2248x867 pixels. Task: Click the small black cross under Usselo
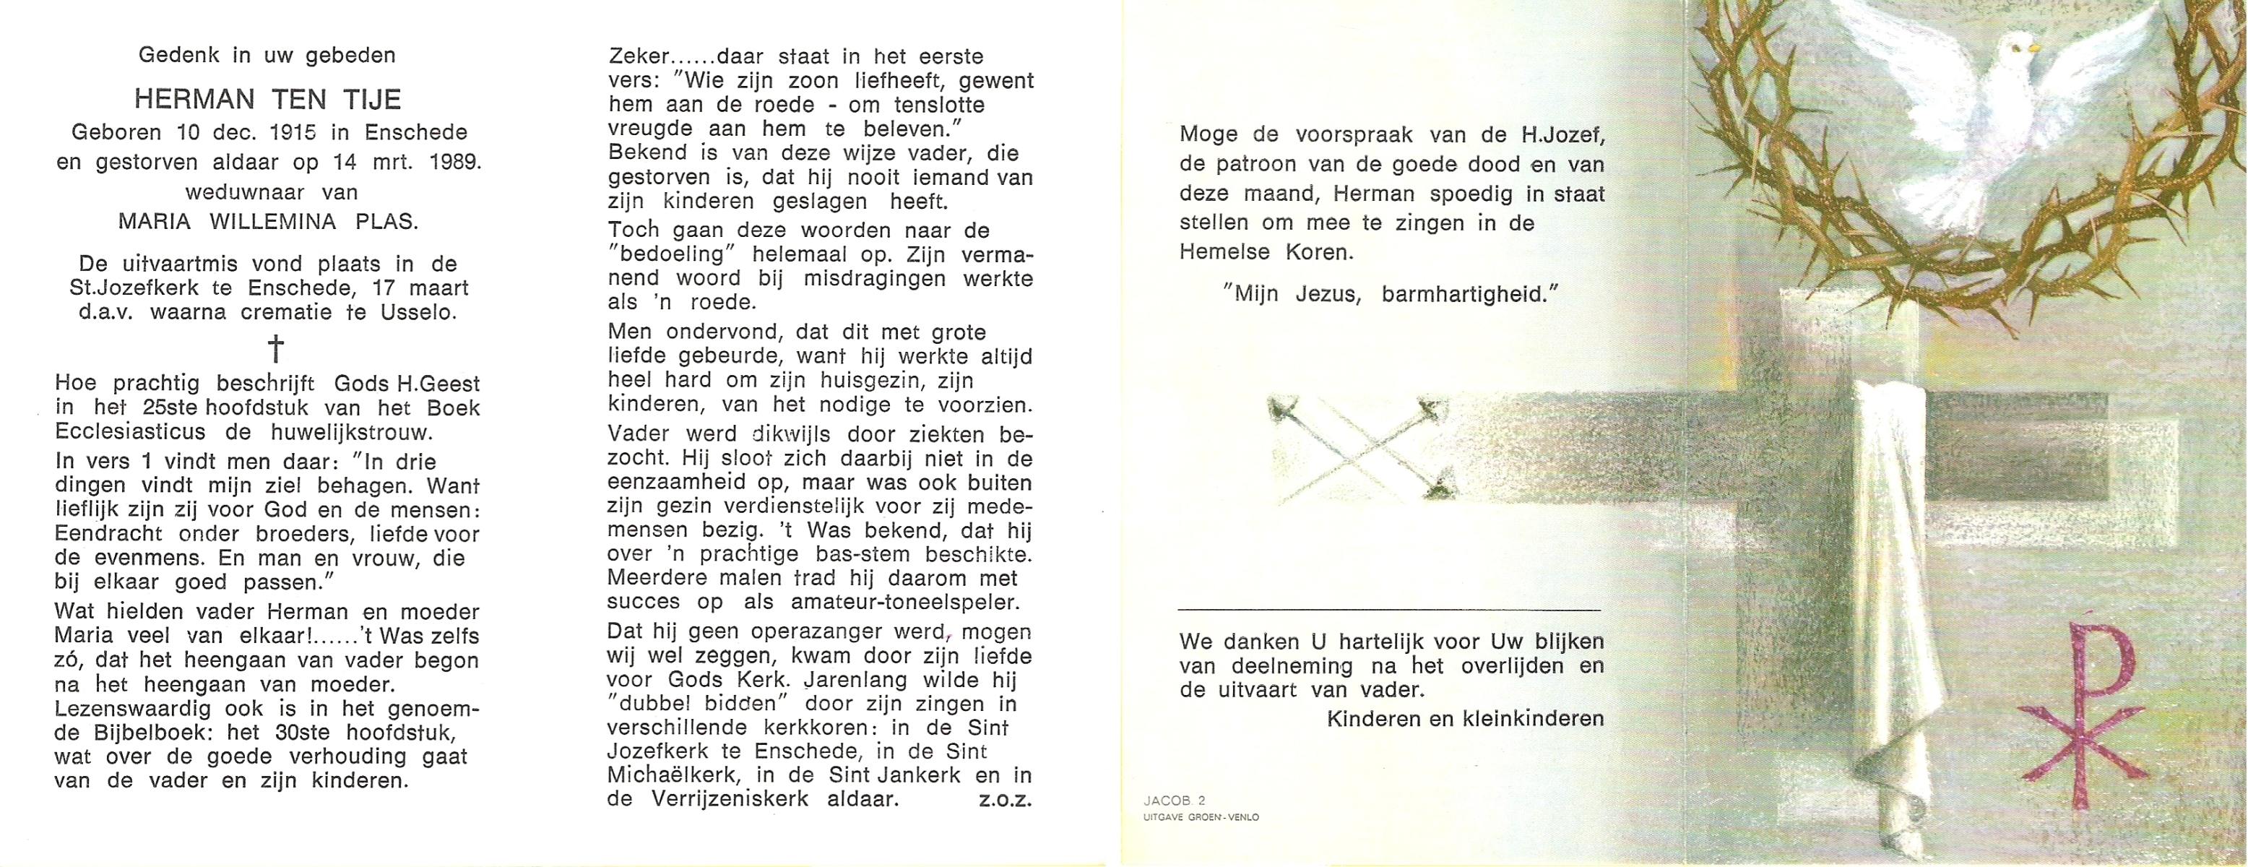tap(275, 348)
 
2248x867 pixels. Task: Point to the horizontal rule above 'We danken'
tap(1389, 608)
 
